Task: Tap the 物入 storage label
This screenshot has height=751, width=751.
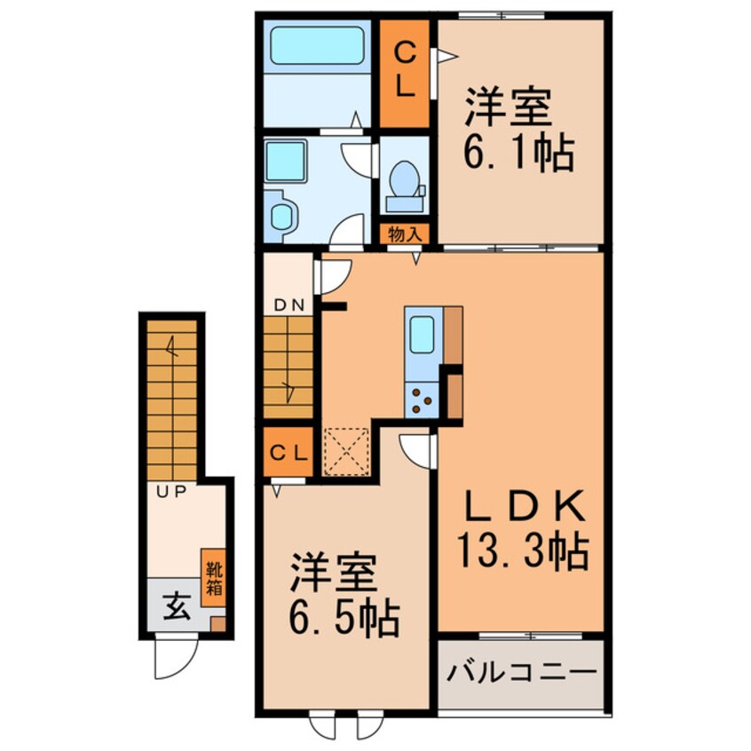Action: (x=406, y=234)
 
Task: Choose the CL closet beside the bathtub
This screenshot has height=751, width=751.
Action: (x=405, y=73)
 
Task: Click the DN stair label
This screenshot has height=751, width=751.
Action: (x=289, y=305)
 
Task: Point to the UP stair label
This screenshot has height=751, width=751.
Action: (x=171, y=492)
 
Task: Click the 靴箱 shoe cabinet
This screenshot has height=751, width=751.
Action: (x=214, y=582)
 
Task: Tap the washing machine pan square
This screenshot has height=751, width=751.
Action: (x=287, y=161)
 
